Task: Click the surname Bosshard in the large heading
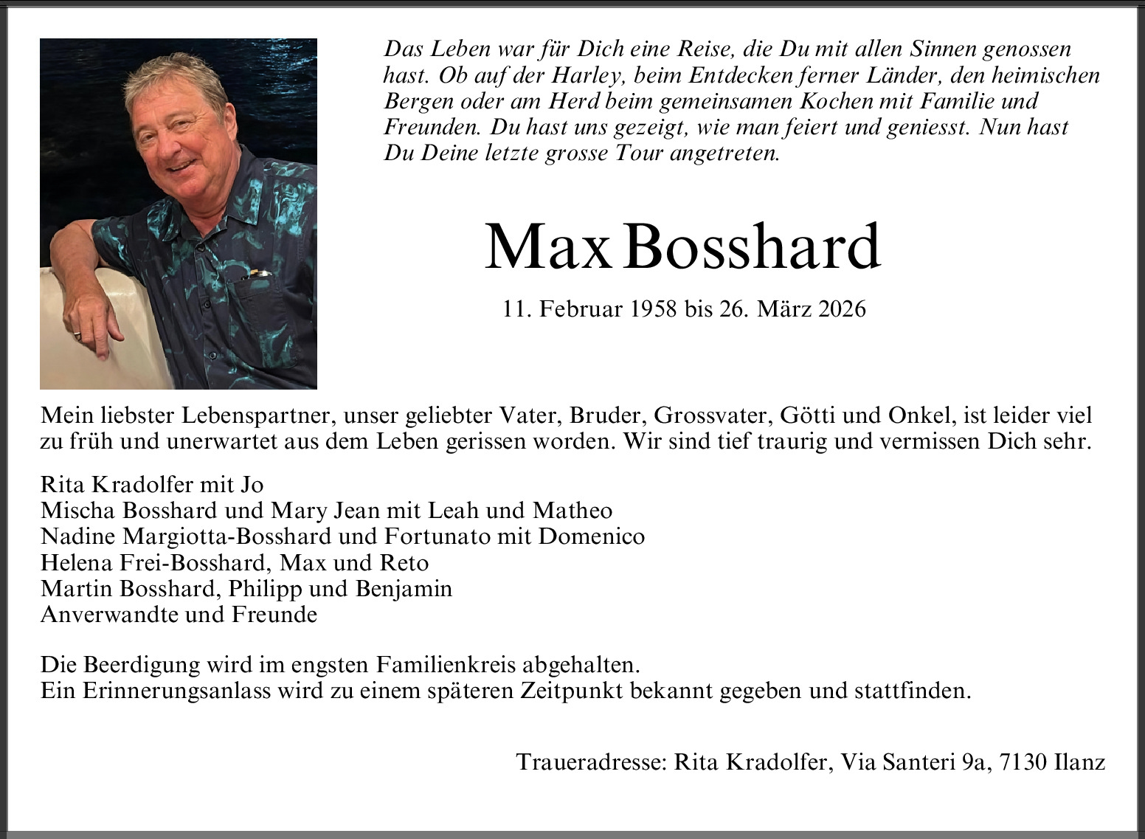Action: pyautogui.click(x=752, y=246)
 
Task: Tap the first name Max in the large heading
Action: pyautogui.click(x=547, y=246)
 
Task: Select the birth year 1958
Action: pyautogui.click(x=653, y=308)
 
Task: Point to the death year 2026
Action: pyautogui.click(x=842, y=308)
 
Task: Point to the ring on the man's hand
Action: pyautogui.click(x=77, y=336)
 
